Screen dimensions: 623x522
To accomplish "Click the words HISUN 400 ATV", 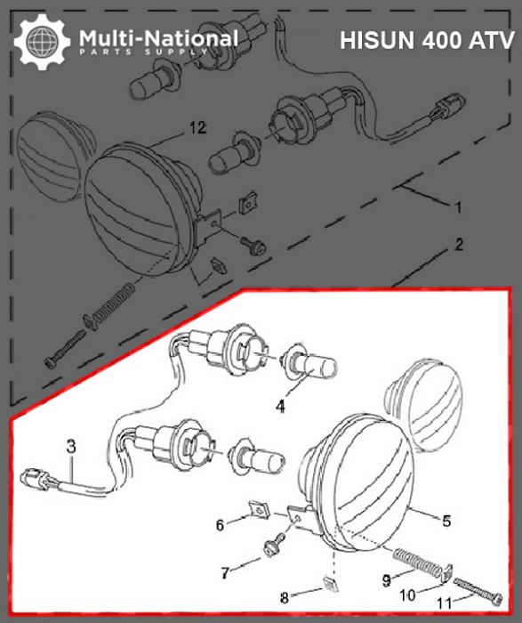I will click(x=425, y=40).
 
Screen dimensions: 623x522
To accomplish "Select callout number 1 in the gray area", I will click(x=458, y=207).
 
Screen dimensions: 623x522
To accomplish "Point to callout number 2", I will click(x=458, y=243).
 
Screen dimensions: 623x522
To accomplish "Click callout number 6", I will click(x=221, y=526).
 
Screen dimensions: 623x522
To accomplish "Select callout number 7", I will click(x=226, y=570).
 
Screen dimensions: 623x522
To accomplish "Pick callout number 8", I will click(x=309, y=597).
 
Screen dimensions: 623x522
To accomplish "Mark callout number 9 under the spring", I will click(x=385, y=580).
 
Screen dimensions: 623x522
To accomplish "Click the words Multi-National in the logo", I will click(x=158, y=37).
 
